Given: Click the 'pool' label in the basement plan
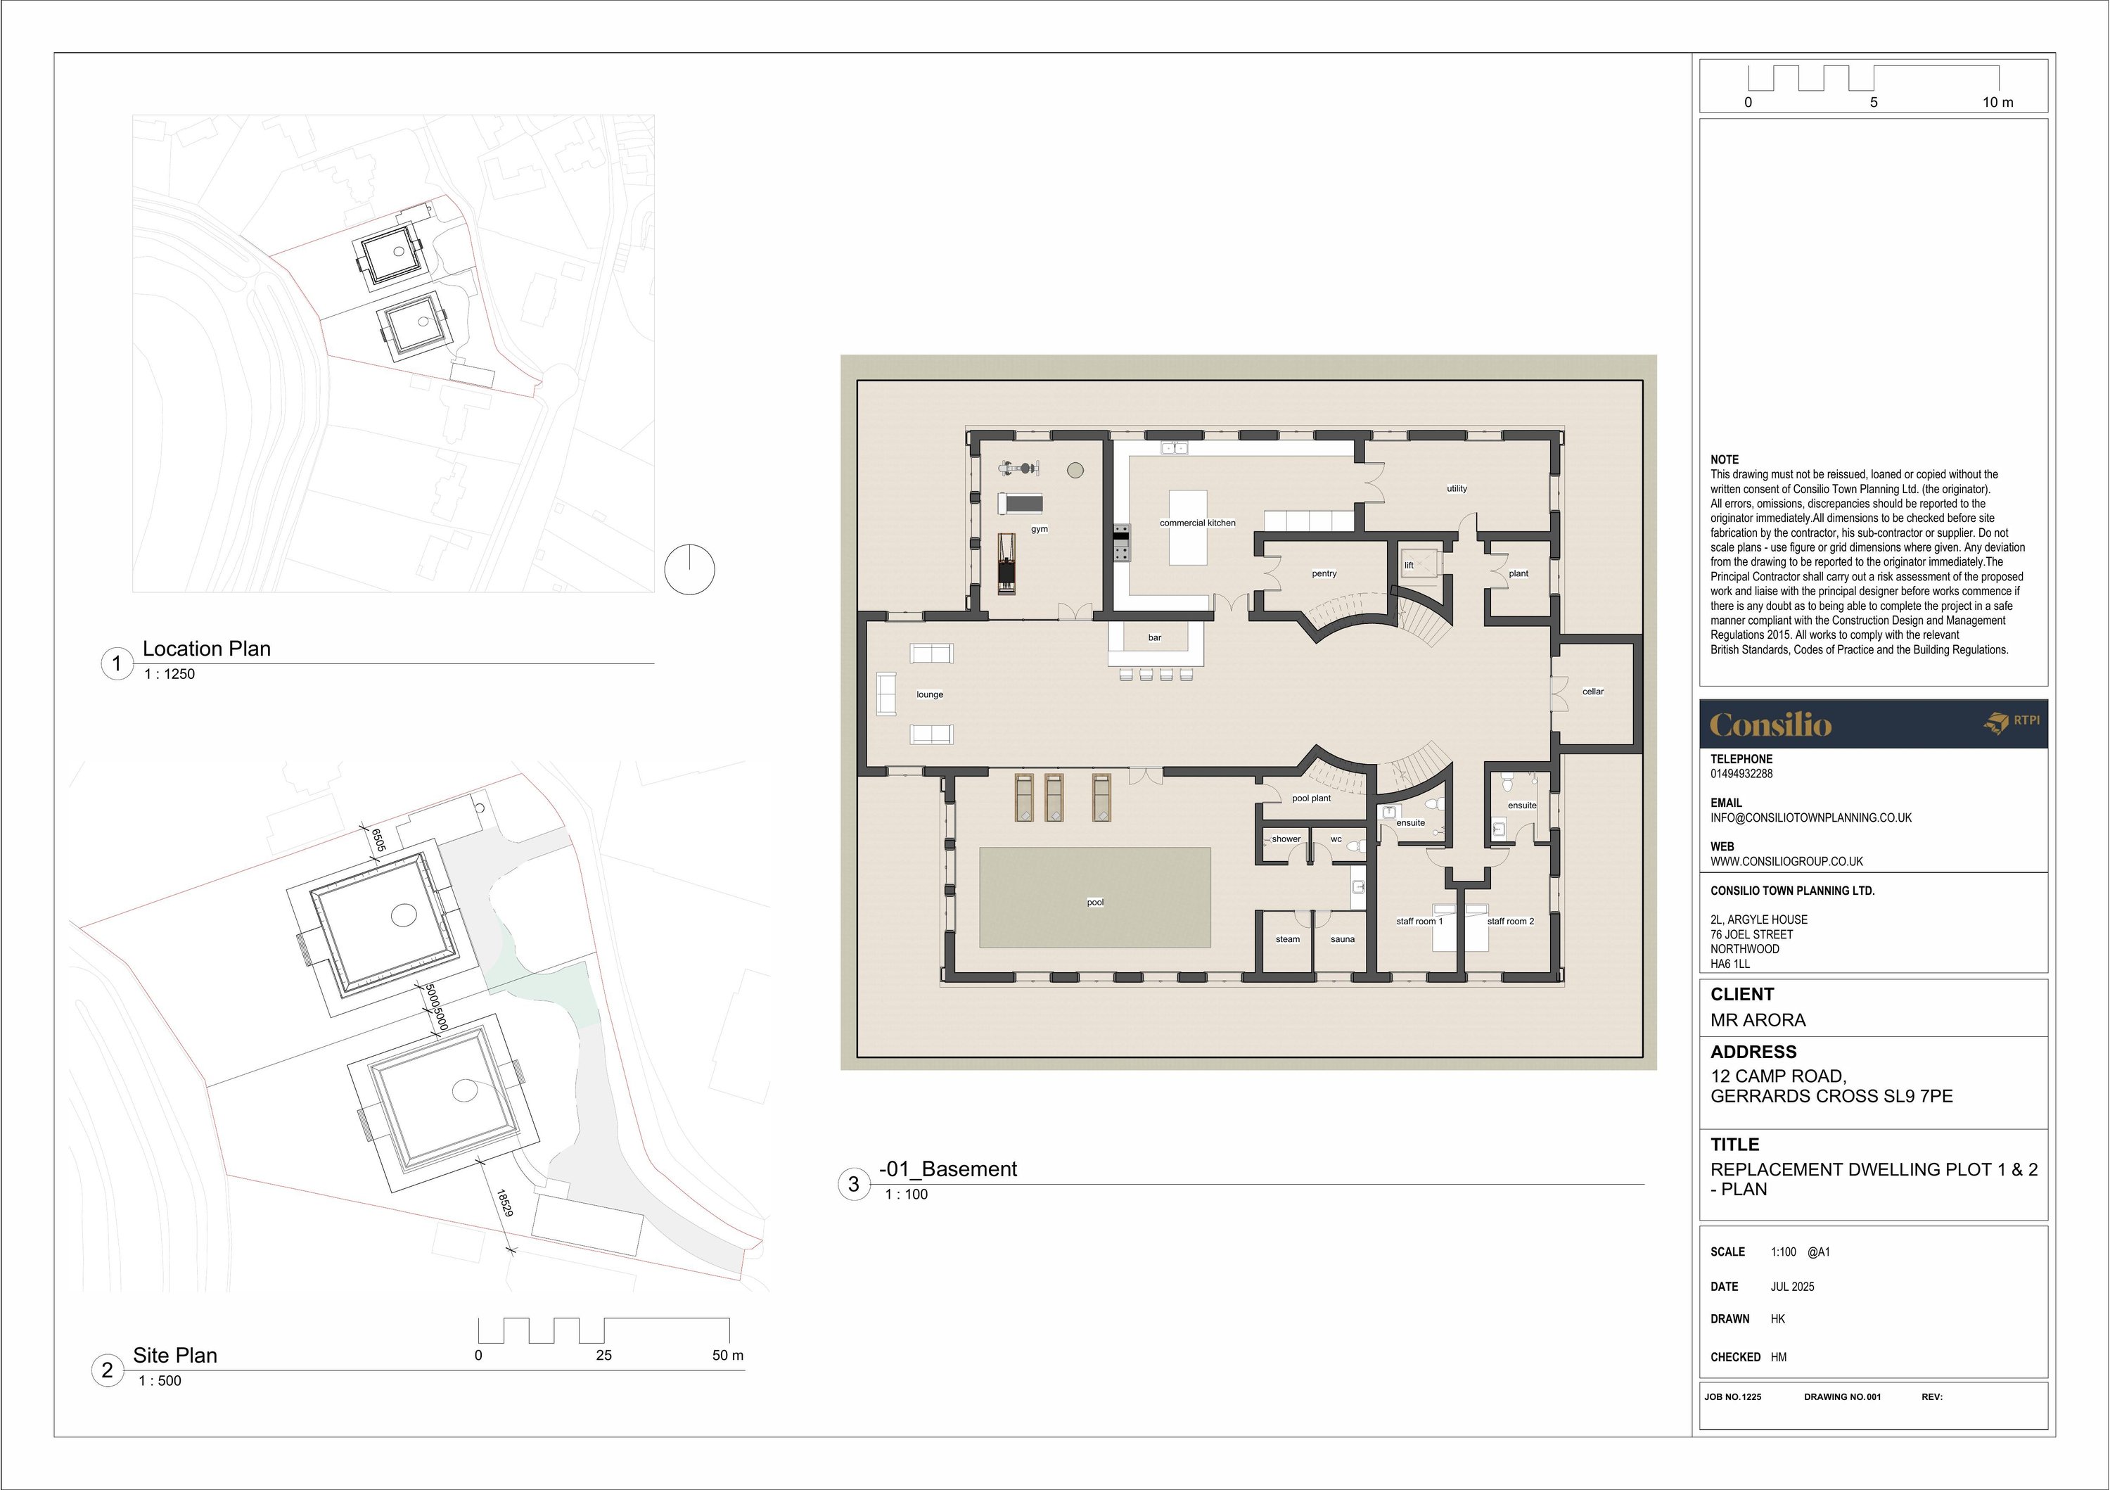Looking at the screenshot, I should (x=1094, y=902).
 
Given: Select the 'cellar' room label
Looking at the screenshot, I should (x=1592, y=692).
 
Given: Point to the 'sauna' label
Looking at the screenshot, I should (x=1342, y=939).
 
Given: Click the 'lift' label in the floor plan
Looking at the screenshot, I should (x=1409, y=566).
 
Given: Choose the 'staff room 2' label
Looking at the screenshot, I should (x=1510, y=921).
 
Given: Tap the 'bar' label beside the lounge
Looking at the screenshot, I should (x=1154, y=637).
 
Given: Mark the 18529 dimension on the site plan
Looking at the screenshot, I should (x=504, y=1202).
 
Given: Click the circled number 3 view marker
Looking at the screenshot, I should (x=853, y=1184).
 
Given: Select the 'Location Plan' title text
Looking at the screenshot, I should (x=206, y=648).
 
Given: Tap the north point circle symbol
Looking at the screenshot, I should (x=689, y=569).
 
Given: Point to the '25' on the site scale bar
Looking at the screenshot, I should (x=603, y=1355).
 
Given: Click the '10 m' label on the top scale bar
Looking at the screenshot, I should (x=1997, y=102).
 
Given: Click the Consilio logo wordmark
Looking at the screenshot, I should (x=1770, y=725).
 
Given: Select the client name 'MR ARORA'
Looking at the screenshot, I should (x=1757, y=1020).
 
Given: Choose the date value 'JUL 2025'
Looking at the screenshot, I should (x=1792, y=1287).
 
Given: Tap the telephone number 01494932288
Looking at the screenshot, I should (x=1741, y=774).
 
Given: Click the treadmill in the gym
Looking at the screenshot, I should (x=1020, y=503).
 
